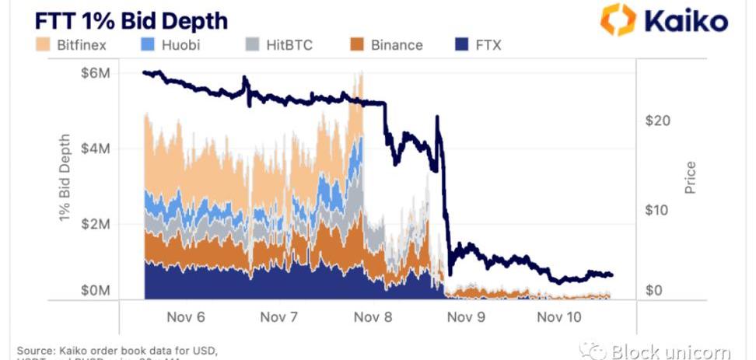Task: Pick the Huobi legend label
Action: tap(180, 44)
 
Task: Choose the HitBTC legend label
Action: tap(289, 44)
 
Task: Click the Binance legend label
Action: tap(397, 44)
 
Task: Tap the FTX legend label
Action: tap(488, 44)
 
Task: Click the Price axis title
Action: tap(691, 177)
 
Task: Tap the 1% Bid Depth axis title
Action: tap(65, 178)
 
